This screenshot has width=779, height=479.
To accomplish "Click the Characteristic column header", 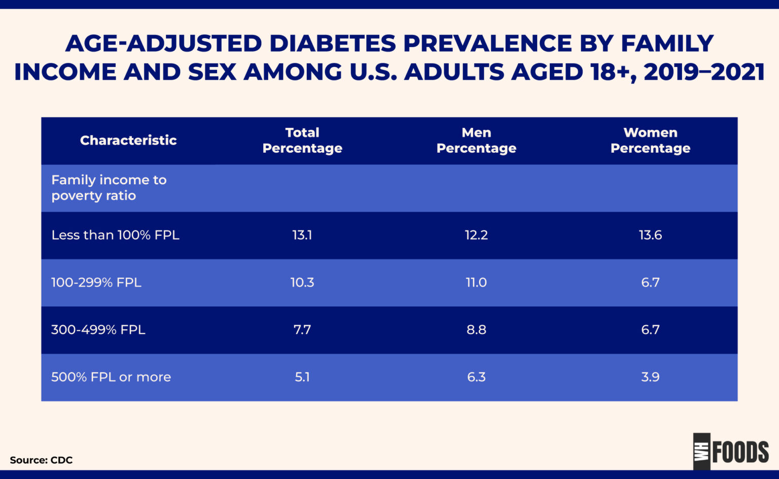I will [x=128, y=141].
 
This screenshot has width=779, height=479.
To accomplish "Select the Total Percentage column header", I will [x=302, y=141].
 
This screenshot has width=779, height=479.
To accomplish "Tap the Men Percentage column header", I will [x=476, y=141].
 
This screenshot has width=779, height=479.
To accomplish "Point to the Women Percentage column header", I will [x=650, y=141].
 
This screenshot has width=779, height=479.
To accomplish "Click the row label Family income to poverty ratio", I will [x=109, y=188].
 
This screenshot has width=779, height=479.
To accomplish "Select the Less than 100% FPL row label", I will [x=115, y=235].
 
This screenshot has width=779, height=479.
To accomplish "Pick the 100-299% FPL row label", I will [x=96, y=283].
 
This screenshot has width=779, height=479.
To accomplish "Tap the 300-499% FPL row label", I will [x=98, y=330].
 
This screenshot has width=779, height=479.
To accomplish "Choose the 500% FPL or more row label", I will [x=111, y=377].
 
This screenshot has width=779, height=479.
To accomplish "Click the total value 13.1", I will [x=302, y=235].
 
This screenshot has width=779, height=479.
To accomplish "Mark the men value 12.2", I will [x=476, y=235].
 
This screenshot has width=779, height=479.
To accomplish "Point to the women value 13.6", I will [x=650, y=235].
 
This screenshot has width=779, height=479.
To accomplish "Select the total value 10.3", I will [x=302, y=283].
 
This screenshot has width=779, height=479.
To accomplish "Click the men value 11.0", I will [x=476, y=283].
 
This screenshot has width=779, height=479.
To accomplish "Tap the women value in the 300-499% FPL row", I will [x=650, y=330].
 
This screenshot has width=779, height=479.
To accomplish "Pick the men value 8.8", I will [x=476, y=330].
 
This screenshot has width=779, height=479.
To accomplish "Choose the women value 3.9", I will [x=650, y=377].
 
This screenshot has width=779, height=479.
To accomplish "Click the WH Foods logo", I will [x=731, y=451].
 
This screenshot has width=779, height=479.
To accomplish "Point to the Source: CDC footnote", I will [x=41, y=460].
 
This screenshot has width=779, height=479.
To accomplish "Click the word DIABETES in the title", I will [x=332, y=44].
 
